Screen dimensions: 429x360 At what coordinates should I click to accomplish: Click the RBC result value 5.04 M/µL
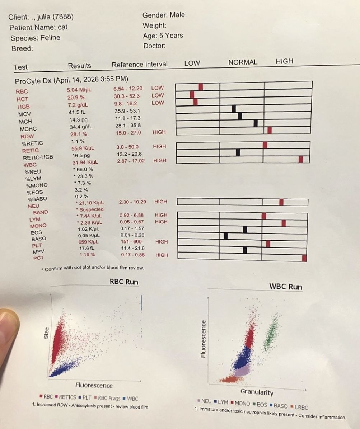79,90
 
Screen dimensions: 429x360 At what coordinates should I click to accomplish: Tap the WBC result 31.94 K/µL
85,162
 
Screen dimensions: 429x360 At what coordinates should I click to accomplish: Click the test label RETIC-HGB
38,157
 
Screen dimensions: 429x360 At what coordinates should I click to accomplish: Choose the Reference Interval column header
140,65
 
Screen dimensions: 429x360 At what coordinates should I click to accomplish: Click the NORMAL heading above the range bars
243,62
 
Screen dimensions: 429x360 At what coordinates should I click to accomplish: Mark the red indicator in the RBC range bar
201,86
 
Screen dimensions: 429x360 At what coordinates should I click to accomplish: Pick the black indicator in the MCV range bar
234,108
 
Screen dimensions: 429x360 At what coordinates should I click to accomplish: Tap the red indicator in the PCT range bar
304,258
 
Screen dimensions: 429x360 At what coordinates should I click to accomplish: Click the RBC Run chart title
124,282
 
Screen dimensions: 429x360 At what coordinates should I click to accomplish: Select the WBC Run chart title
286,287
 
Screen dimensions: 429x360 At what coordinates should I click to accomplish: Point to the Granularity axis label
257,392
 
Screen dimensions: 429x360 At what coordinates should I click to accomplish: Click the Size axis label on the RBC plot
46,334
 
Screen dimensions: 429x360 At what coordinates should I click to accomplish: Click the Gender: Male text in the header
164,15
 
